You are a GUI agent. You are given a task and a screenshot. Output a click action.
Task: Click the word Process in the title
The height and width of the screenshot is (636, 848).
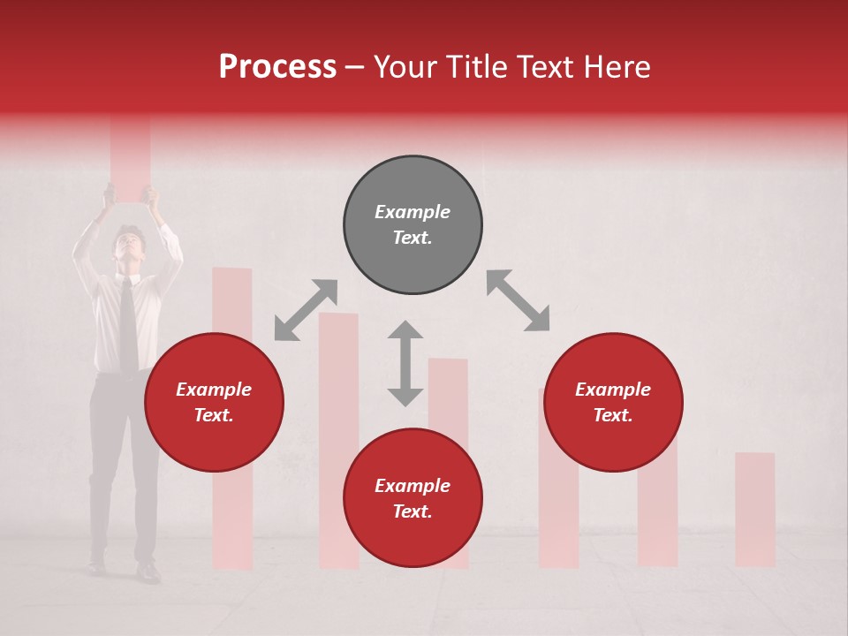click(277, 67)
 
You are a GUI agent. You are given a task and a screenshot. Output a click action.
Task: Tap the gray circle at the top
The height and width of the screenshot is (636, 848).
click(413, 225)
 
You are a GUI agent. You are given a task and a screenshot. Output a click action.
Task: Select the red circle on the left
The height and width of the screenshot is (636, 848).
click(214, 403)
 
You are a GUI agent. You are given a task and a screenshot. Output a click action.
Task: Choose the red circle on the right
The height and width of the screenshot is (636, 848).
click(612, 403)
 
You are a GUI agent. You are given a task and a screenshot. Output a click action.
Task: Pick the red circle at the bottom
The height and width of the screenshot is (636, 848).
click(413, 498)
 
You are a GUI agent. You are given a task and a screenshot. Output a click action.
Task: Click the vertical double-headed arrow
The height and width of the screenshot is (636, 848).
click(405, 363)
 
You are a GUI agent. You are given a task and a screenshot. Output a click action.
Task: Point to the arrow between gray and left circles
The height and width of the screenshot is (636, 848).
click(306, 310)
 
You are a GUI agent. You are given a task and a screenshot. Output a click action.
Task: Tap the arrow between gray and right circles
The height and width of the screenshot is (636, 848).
click(518, 300)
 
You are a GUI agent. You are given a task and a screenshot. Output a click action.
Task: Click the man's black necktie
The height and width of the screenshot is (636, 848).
click(129, 327)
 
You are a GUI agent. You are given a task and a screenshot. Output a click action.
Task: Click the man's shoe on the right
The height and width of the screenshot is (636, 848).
click(147, 572)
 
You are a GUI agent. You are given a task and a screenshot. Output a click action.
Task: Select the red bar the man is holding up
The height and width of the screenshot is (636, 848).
click(130, 155)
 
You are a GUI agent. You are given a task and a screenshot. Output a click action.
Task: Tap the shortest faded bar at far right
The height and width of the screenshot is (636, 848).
click(754, 509)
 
